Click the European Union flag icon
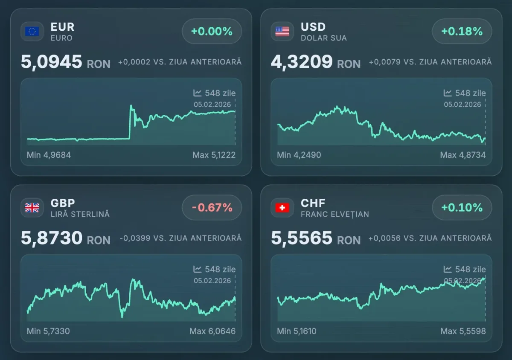coord(32,32)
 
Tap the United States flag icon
coord(282,32)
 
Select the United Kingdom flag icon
coord(32,208)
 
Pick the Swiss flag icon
coord(282,208)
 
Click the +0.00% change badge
coord(212,31)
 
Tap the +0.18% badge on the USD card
coord(462,31)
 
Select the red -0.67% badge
coord(212,208)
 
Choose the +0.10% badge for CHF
coord(462,208)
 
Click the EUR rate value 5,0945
coord(52,62)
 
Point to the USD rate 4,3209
coord(302,62)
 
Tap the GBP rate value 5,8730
coord(52,238)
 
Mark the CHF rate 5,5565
coord(302,238)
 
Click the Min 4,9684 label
coord(49,155)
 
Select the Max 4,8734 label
coord(463,155)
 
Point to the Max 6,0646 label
coord(212,331)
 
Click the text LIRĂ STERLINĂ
coord(80,214)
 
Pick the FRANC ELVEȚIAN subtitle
coord(335,214)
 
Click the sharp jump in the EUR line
coord(130,122)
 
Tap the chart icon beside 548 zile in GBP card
coord(198,269)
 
